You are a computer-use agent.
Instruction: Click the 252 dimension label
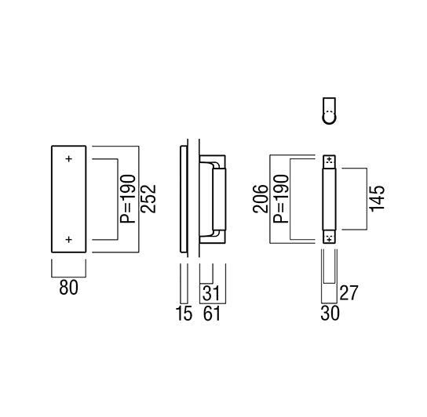(x=148, y=199)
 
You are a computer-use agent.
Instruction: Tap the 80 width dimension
(x=68, y=288)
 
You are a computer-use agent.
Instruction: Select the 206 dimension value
(x=261, y=199)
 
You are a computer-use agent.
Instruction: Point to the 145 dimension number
(x=377, y=198)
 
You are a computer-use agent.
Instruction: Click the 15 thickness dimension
(x=184, y=313)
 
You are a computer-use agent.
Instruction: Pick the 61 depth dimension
(x=212, y=313)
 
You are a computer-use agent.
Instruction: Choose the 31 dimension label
(x=211, y=293)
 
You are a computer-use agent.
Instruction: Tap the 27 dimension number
(x=349, y=293)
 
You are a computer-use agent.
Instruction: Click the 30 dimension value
(x=330, y=313)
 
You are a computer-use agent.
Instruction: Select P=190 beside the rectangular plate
(x=127, y=199)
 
